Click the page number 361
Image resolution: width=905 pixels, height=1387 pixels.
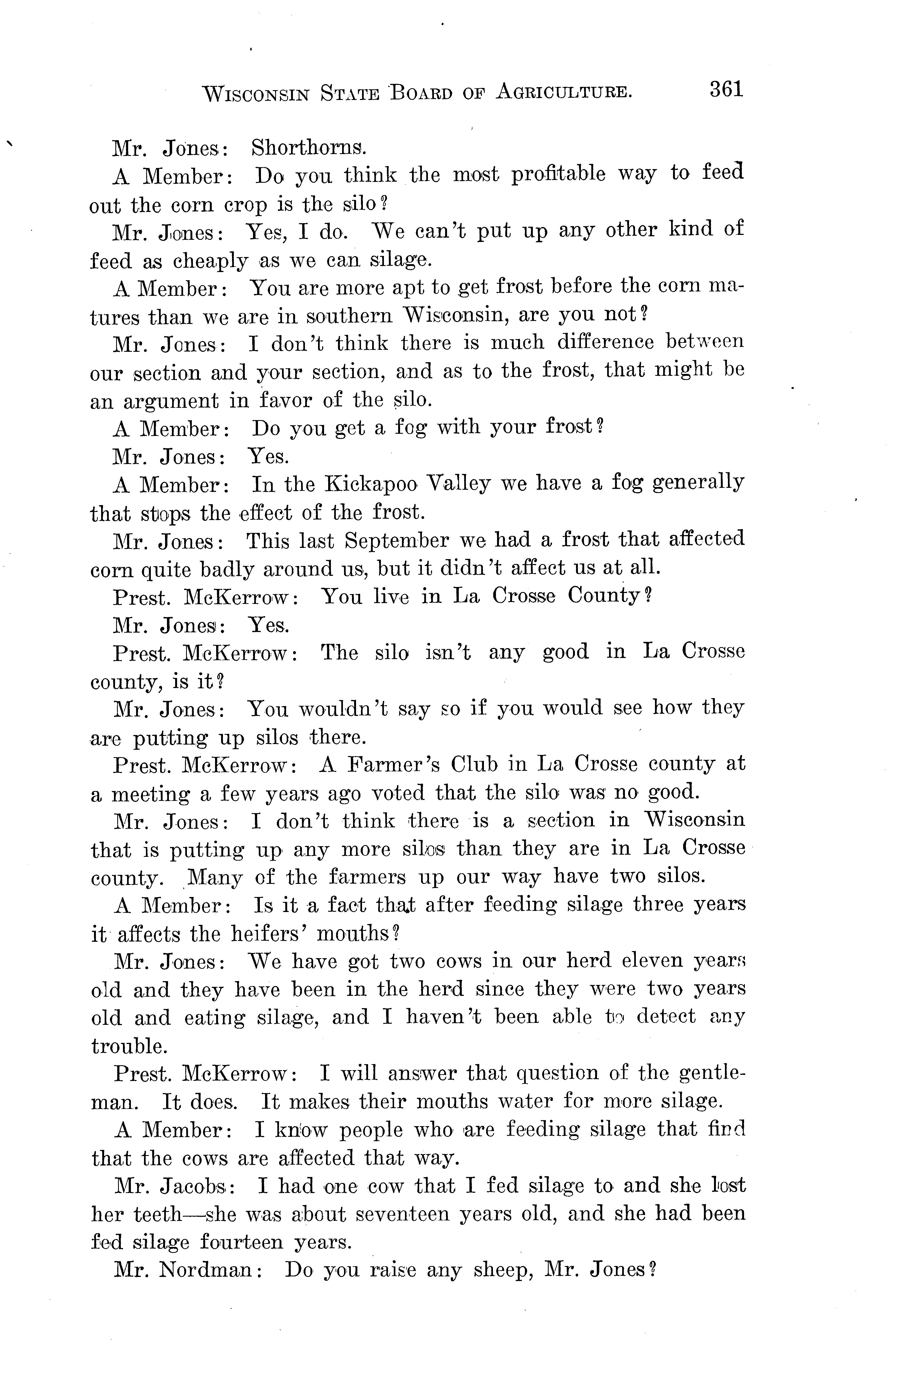tap(727, 89)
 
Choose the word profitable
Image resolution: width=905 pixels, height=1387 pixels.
tap(558, 174)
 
